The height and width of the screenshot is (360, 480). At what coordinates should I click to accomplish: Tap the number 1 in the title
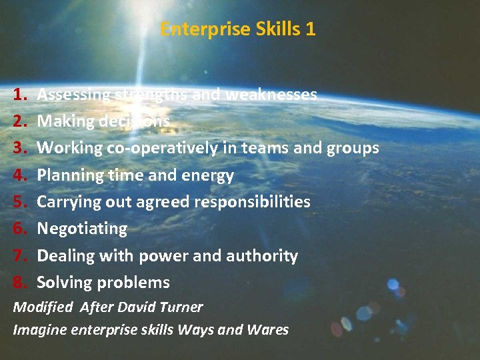(x=310, y=29)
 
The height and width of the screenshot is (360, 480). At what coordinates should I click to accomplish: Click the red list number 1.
(x=19, y=95)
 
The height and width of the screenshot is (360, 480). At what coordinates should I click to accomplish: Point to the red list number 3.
(x=19, y=148)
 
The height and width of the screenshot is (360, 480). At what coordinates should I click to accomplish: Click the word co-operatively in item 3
(x=162, y=148)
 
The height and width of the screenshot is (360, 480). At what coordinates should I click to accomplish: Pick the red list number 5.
(x=19, y=201)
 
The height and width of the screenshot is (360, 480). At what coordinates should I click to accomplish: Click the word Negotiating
(x=82, y=229)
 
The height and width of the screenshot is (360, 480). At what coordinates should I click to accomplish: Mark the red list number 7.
(x=19, y=255)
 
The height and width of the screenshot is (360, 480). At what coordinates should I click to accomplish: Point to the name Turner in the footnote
(x=182, y=307)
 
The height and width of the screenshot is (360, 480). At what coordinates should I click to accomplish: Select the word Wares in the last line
(x=269, y=329)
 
